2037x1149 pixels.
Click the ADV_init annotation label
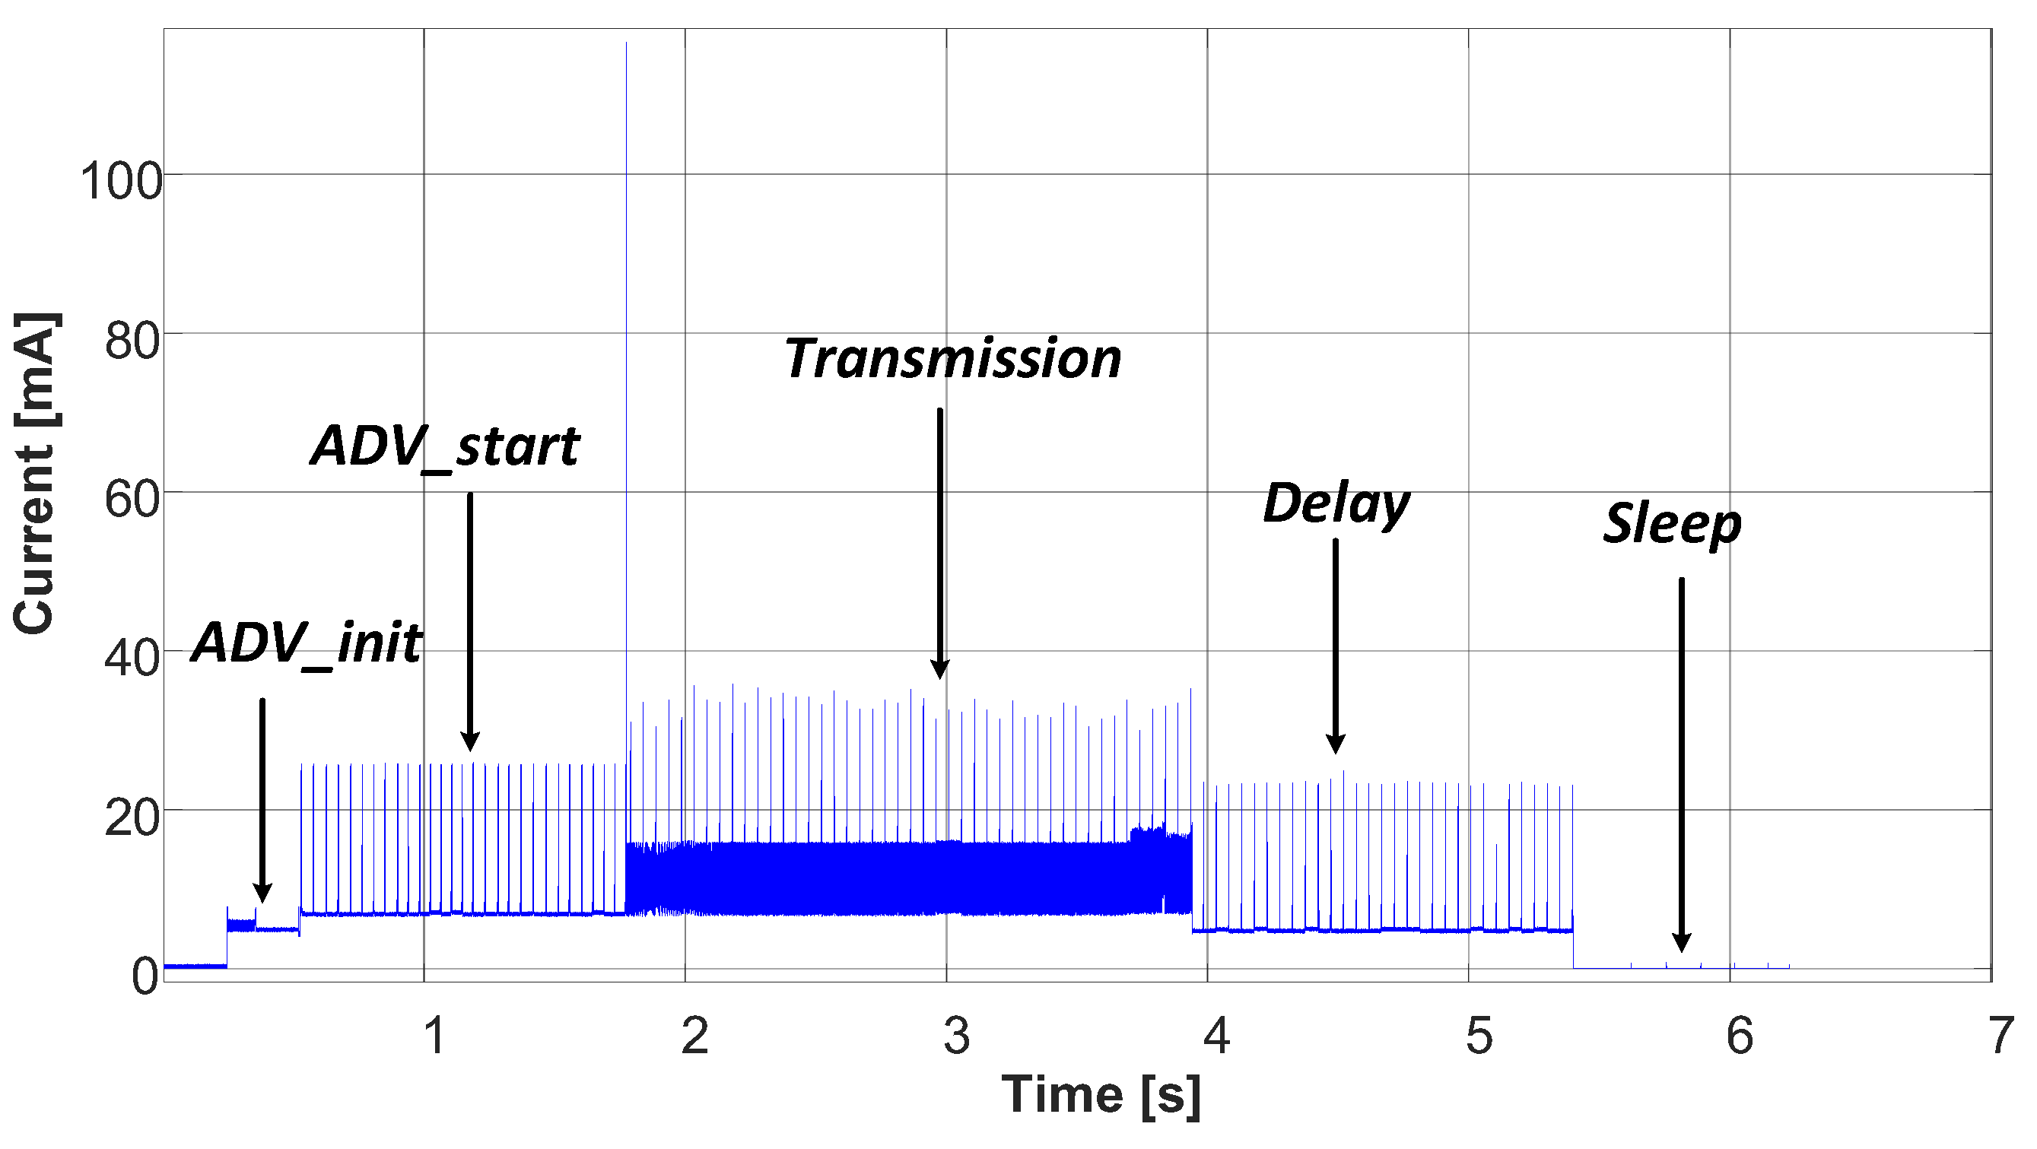coord(307,643)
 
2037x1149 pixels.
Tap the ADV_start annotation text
coord(445,446)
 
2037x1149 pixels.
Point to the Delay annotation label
coord(1336,503)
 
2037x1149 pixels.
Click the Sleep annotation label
coord(1672,523)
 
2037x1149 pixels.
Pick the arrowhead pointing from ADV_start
coord(470,741)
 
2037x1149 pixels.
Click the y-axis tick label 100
coord(121,181)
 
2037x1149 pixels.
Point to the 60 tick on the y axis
coord(132,500)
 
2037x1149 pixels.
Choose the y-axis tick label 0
coord(145,976)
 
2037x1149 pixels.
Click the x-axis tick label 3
coord(956,1036)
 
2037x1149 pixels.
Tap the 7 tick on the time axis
coord(2001,1036)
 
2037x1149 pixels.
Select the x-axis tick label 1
coord(434,1036)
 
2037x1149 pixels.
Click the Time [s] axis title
coord(1101,1095)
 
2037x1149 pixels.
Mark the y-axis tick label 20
coord(132,818)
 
